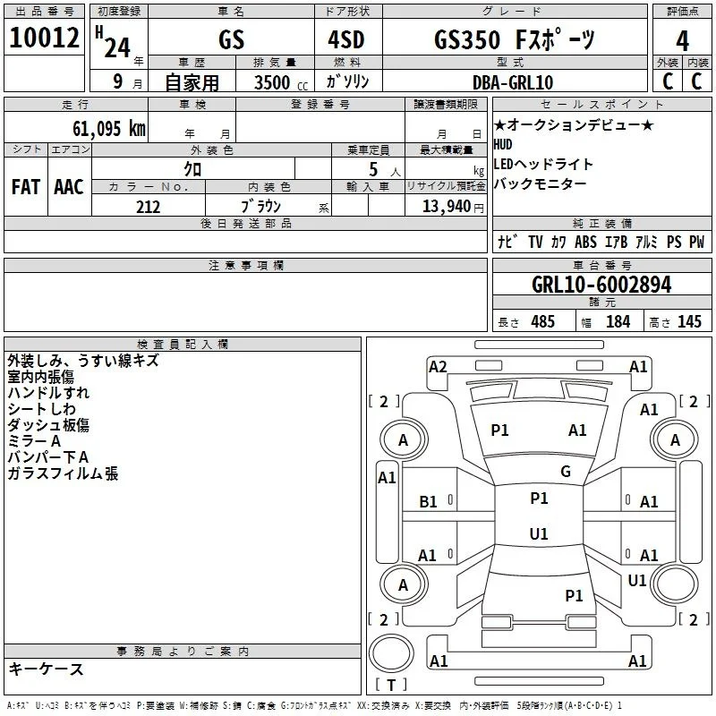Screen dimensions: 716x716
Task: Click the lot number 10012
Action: [44, 38]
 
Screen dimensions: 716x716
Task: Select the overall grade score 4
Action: [682, 41]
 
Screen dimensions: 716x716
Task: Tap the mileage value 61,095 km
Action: [109, 129]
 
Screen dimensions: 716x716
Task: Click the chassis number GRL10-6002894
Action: [601, 285]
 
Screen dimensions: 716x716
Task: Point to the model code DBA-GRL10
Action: [513, 82]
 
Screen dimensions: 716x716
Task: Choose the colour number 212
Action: [148, 207]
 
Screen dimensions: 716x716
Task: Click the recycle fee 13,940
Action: [447, 207]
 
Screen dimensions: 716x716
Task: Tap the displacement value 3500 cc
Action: [281, 82]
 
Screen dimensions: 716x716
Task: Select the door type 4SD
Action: [346, 39]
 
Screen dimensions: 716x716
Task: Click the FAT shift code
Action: [26, 187]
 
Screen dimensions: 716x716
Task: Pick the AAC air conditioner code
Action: [69, 187]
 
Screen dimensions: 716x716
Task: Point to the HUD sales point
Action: [503, 145]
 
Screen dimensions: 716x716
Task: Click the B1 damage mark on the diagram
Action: [428, 502]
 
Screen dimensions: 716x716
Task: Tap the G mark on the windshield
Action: [566, 472]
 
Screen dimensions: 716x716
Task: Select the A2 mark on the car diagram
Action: [438, 367]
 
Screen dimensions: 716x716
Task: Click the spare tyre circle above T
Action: [391, 653]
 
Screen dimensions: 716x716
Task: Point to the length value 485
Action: [543, 321]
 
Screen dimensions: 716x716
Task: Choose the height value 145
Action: [689, 321]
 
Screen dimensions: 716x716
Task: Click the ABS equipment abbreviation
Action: [585, 242]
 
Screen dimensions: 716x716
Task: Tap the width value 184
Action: [618, 321]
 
